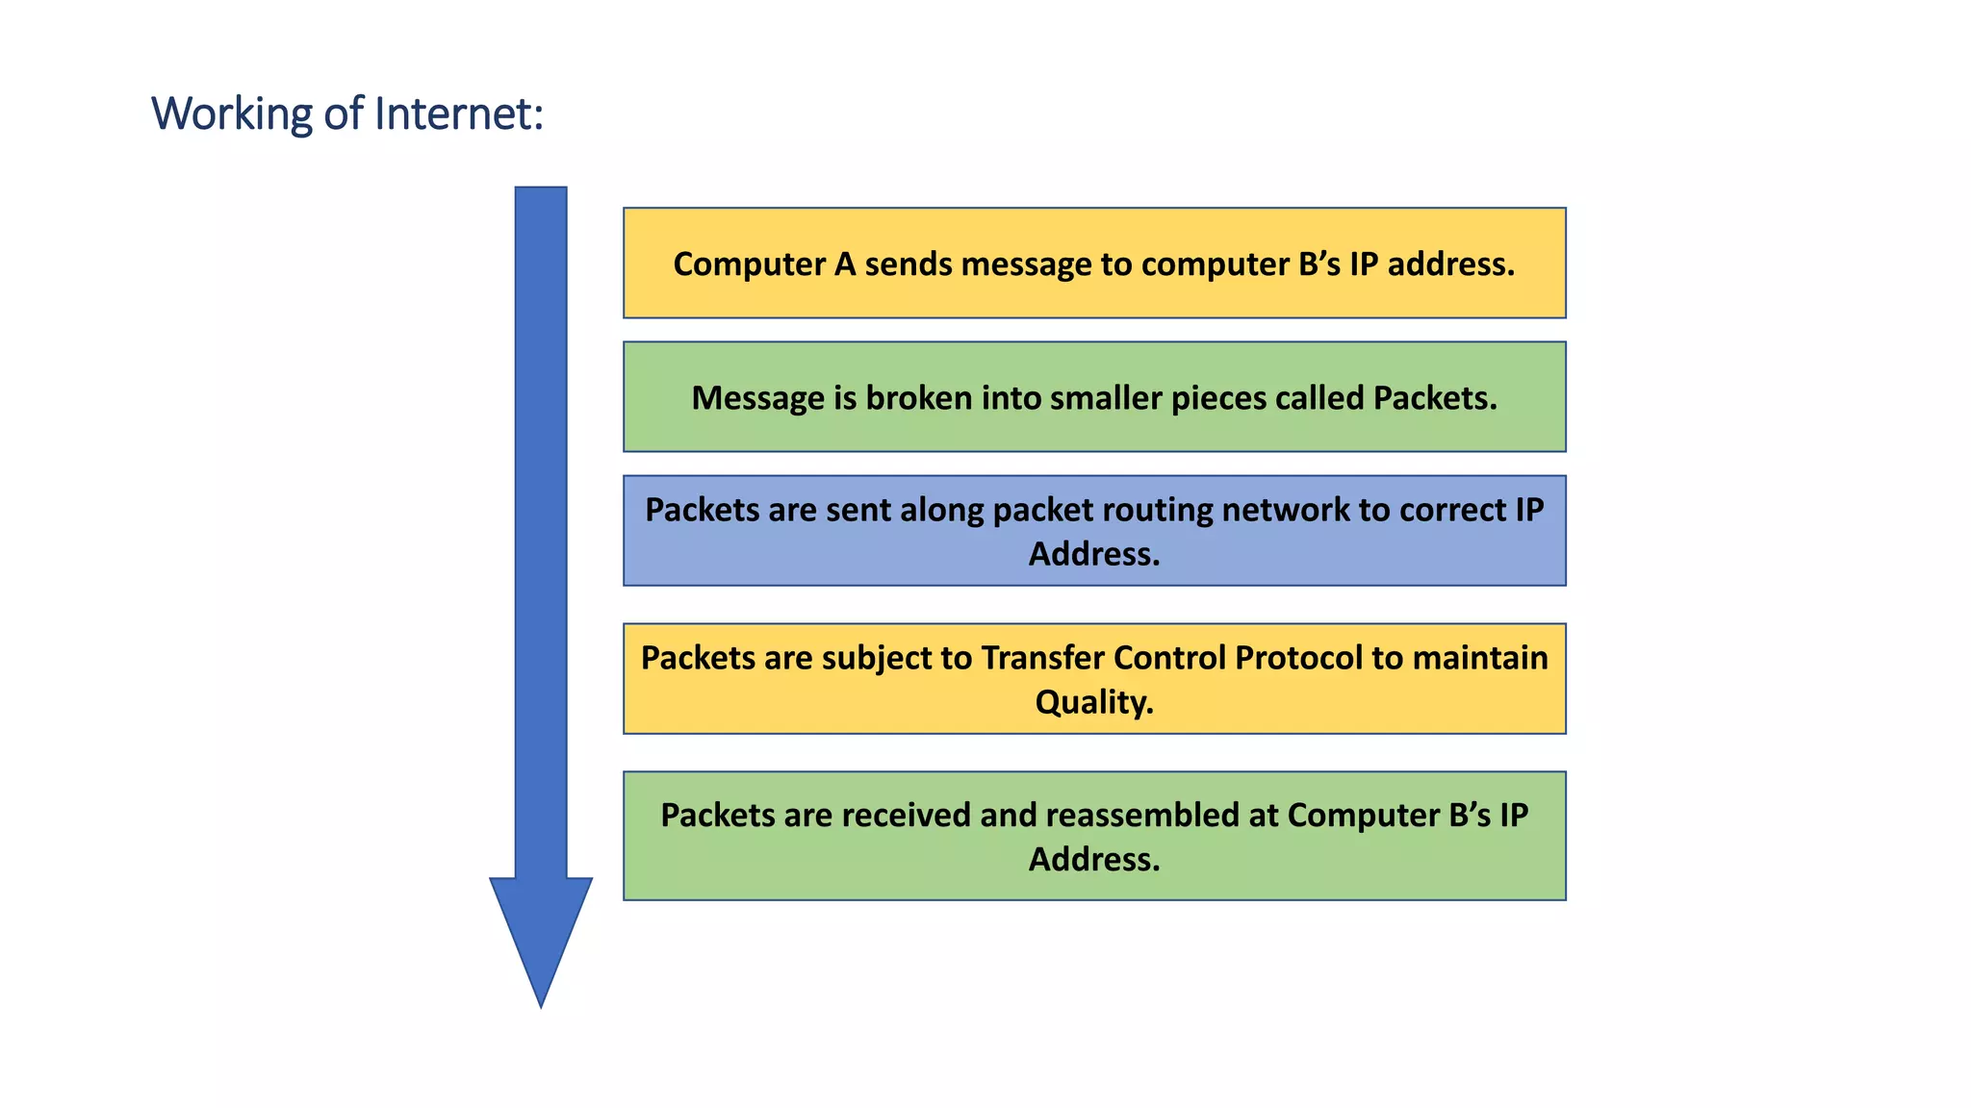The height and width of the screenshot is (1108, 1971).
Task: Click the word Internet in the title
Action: pos(458,113)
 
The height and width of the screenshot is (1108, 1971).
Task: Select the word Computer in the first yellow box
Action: pos(750,264)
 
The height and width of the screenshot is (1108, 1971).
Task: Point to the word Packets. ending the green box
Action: pos(1435,397)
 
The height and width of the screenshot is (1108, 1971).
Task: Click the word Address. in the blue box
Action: pos(1094,554)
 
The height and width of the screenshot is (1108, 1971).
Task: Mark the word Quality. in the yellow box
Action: pos(1094,702)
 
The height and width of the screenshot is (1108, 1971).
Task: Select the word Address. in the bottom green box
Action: pos(1094,859)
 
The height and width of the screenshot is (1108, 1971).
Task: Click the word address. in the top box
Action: pos(1451,264)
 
